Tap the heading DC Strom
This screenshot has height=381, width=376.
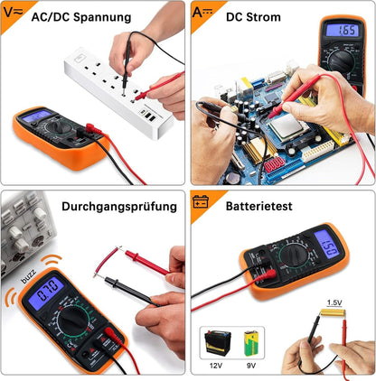252,17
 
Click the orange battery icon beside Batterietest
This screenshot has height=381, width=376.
202,203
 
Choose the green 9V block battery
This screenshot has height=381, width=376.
252,342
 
